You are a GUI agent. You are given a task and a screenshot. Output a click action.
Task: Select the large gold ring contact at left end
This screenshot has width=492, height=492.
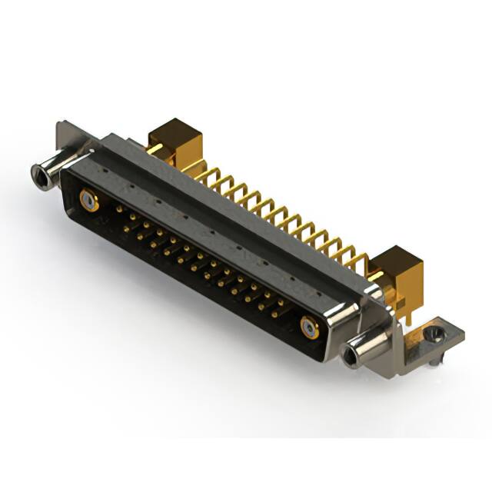click(x=89, y=202)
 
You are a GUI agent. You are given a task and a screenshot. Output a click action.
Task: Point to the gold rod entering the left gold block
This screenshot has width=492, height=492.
click(x=155, y=148)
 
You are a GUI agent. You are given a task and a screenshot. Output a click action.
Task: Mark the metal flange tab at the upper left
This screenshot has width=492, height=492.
click(x=69, y=135)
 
